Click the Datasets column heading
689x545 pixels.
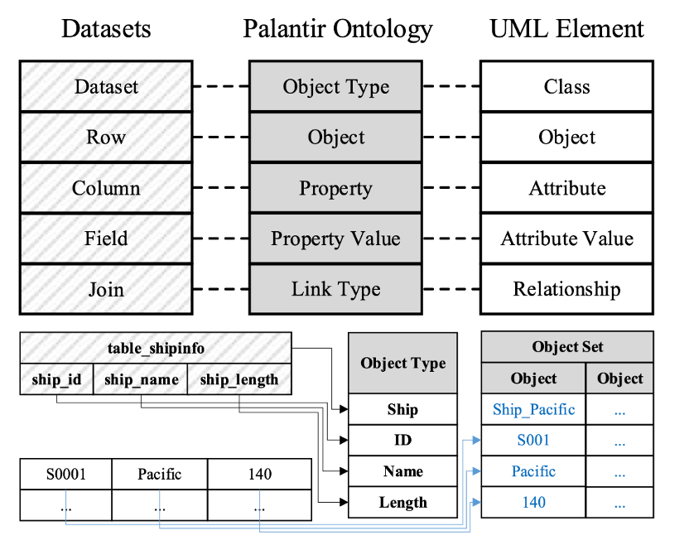106,29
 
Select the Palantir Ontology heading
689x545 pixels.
338,30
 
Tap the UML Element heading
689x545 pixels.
566,29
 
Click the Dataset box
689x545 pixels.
106,86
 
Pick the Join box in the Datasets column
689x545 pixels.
106,289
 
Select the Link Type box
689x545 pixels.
335,289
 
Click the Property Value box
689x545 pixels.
335,239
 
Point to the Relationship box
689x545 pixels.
566,289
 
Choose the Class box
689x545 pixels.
566,86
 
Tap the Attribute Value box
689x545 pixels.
566,239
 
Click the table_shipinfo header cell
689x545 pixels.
156,348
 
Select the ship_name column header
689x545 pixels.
141,379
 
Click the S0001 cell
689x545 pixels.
66,475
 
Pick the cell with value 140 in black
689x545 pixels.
260,475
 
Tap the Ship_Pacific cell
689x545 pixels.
533,409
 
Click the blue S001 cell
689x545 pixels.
533,440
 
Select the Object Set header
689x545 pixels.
567,347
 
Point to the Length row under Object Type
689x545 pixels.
403,502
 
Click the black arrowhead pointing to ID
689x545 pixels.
344,440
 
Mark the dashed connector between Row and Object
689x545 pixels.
221,137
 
